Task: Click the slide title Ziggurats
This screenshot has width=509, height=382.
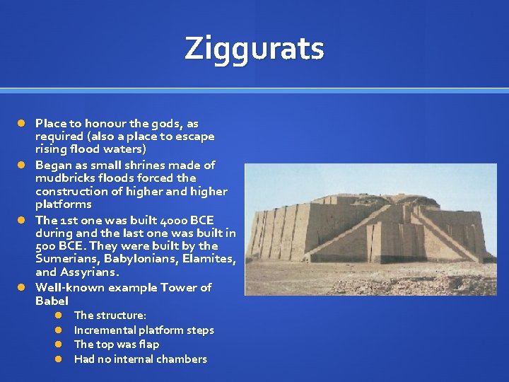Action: (x=255, y=49)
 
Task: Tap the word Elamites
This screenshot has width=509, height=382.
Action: (x=208, y=259)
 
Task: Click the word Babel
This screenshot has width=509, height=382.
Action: (x=52, y=301)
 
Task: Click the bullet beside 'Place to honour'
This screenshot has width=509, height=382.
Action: (x=22, y=124)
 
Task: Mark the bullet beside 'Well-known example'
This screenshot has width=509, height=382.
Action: (x=22, y=288)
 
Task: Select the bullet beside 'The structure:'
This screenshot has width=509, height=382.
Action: (x=61, y=316)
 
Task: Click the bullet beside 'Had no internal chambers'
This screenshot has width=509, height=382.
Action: (x=61, y=359)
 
